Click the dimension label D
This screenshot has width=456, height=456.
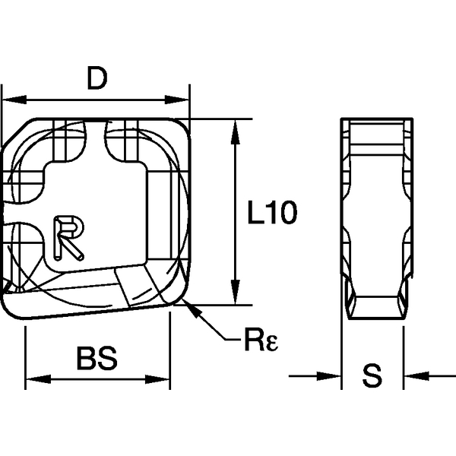pos(97,79)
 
